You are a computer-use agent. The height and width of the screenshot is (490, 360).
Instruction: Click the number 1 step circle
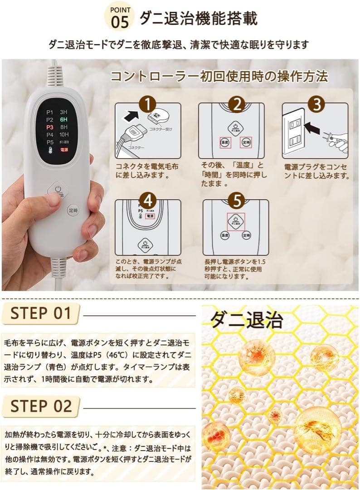coord(147,104)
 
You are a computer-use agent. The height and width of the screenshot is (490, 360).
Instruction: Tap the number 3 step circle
coord(316,104)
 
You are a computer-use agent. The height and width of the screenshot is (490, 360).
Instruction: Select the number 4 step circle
coord(147,201)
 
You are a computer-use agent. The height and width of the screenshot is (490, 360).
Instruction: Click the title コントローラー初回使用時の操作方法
coord(219,76)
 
